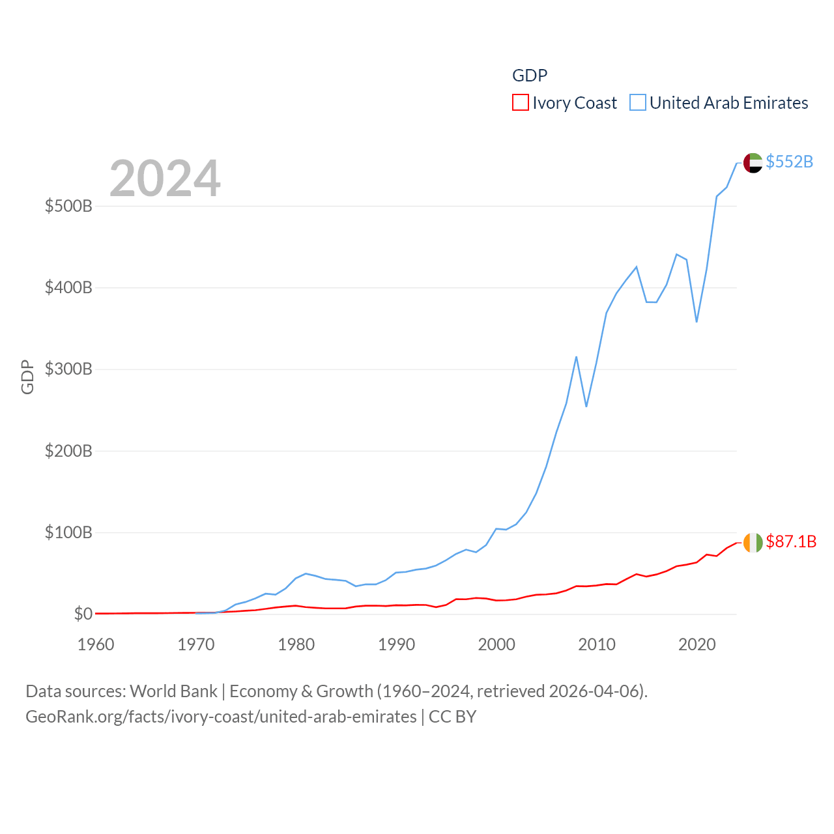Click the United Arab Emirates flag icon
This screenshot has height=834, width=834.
coord(753,163)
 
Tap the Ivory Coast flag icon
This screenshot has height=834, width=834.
coord(753,542)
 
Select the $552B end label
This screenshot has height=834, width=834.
coord(789,162)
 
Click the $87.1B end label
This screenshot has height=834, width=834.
coord(791,541)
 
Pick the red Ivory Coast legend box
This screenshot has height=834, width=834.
coord(520,103)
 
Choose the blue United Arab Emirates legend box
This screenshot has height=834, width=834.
coord(637,103)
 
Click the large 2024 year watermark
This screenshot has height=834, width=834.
coord(165,179)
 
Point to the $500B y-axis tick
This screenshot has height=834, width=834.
coord(68,207)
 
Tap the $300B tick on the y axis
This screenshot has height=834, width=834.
coord(68,369)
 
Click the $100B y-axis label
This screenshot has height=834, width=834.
coord(68,532)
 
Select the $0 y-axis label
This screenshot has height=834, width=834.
coord(83,614)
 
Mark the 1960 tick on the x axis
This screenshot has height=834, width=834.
coord(96,644)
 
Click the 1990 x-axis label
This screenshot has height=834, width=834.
coord(396,644)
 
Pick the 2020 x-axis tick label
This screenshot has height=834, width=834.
coord(697,644)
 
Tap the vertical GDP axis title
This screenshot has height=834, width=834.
coord(27,377)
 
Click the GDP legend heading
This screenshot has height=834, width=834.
coord(530,76)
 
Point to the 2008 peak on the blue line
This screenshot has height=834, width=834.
coord(576,357)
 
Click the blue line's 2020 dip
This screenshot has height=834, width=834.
coord(697,321)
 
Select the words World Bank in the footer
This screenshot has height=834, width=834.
coord(173,691)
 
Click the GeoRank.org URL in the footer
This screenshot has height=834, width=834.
coord(221,717)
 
